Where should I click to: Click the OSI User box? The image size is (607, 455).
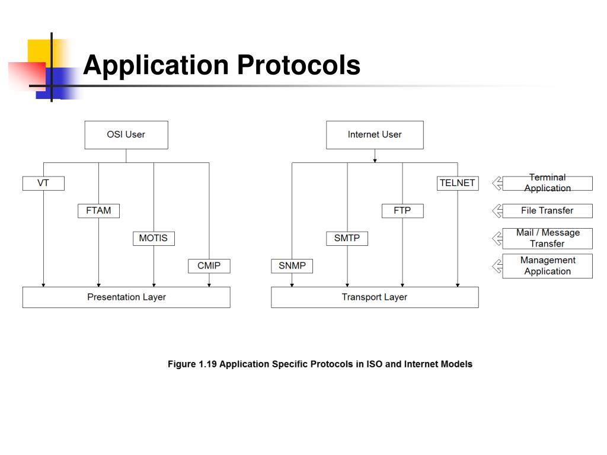(126, 134)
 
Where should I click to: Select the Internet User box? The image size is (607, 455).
(375, 134)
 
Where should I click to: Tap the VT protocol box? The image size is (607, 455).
(43, 183)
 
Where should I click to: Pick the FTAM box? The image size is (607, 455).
(99, 211)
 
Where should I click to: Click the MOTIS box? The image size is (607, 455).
(154, 238)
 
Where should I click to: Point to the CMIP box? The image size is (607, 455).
(209, 266)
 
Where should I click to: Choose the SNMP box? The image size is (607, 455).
(292, 266)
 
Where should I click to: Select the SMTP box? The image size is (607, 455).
(347, 238)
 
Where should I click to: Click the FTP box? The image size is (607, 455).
(402, 211)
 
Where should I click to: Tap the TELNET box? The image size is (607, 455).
(458, 183)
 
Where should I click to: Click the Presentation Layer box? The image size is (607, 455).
(126, 297)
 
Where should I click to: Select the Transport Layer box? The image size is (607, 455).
(375, 297)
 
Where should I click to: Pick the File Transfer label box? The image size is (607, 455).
(547, 211)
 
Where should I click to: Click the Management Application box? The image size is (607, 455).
(547, 266)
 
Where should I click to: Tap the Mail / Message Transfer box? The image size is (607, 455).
(547, 238)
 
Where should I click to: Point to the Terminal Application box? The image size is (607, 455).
(547, 183)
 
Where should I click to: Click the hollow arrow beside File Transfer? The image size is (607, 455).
(497, 211)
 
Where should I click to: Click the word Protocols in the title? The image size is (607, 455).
(299, 65)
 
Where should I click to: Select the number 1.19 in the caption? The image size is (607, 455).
(207, 364)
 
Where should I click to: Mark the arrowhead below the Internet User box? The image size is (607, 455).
(375, 161)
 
